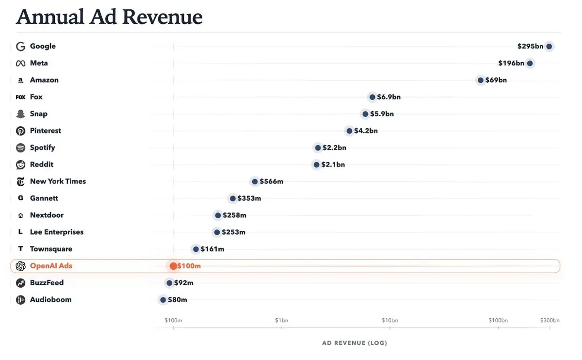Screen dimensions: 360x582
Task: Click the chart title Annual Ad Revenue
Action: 109,17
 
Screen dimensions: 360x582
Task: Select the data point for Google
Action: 549,47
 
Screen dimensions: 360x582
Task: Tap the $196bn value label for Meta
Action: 511,63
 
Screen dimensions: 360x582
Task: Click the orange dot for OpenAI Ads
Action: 173,266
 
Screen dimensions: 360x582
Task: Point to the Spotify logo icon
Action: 20,147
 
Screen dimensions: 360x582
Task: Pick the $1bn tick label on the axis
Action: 281,320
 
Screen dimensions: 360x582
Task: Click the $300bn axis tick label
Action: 550,320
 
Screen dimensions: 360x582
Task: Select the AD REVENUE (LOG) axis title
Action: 355,343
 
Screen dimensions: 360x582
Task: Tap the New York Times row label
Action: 58,181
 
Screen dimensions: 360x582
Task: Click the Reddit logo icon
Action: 20,164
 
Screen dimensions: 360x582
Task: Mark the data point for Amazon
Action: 480,80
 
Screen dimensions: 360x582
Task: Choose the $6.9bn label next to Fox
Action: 389,97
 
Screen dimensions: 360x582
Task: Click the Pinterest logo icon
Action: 20,131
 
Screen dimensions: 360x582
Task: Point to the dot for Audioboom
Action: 163,300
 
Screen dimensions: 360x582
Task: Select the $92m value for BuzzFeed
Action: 183,283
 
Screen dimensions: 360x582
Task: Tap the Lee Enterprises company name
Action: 57,232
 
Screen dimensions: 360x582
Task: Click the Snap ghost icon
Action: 20,114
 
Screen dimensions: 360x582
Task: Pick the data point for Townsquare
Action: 196,249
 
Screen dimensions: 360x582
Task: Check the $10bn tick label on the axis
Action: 390,320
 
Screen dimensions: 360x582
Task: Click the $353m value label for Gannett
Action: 249,198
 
